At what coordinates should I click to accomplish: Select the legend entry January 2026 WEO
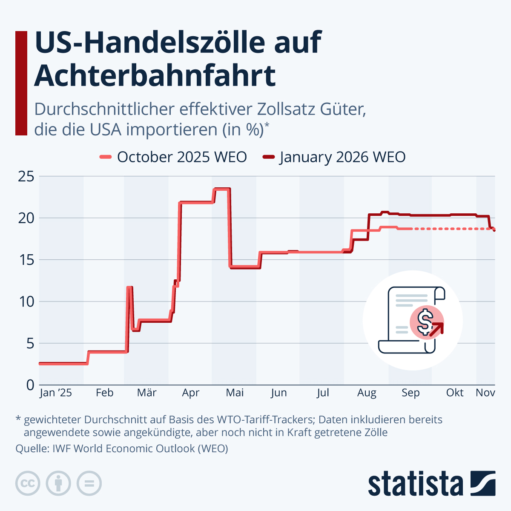click(x=334, y=157)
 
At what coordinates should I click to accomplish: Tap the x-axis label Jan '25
click(x=55, y=393)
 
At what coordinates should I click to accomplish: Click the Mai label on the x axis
click(x=235, y=393)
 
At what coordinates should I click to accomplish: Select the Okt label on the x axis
click(x=455, y=393)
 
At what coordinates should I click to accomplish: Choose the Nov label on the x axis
click(x=485, y=393)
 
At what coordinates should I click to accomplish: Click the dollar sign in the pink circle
click(x=425, y=322)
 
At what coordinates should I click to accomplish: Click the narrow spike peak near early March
click(x=129, y=288)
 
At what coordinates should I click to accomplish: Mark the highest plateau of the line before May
click(x=222, y=189)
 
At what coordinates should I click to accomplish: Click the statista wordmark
click(x=415, y=484)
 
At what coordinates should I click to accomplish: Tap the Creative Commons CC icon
click(x=28, y=484)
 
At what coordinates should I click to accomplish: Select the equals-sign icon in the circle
click(x=89, y=484)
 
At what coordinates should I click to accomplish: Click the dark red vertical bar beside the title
click(x=21, y=83)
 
